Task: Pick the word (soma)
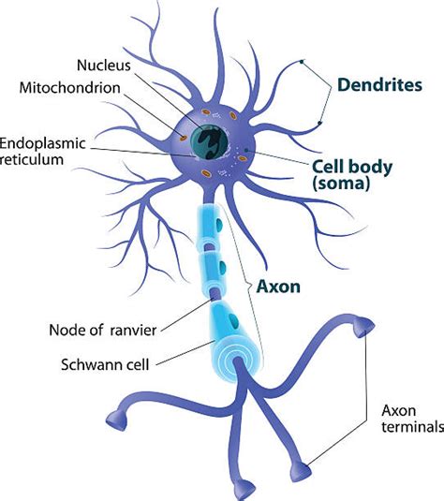tap(343, 186)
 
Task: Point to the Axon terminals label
tap(407, 418)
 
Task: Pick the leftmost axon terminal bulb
tap(119, 415)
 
